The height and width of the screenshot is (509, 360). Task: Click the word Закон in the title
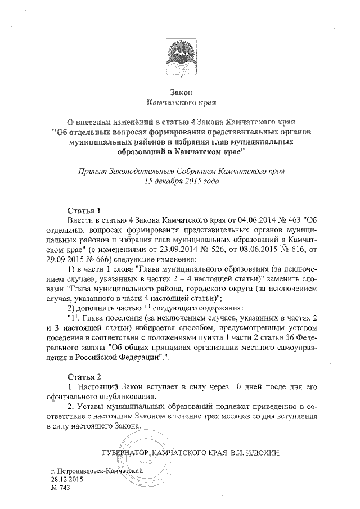pos(181,92)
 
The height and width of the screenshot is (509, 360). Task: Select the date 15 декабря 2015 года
pos(180,181)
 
